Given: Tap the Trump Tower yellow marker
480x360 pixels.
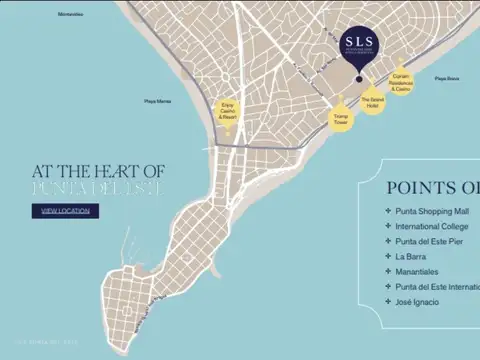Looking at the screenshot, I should (340, 118).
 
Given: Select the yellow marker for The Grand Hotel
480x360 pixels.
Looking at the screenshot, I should (372, 100).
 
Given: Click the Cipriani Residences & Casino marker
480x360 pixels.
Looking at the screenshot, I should (401, 84).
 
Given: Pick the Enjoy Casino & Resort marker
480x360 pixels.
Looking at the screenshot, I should (229, 110).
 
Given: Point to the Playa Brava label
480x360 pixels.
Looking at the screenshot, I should (447, 78).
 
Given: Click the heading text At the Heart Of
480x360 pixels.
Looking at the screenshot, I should (97, 172).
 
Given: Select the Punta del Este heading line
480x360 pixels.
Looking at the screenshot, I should (97, 188).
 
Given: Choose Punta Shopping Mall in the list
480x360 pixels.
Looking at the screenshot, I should (433, 211).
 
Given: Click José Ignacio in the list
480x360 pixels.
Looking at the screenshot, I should (417, 301).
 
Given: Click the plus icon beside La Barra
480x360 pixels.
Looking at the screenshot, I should (387, 256).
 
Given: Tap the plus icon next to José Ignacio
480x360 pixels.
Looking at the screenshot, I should (387, 301).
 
